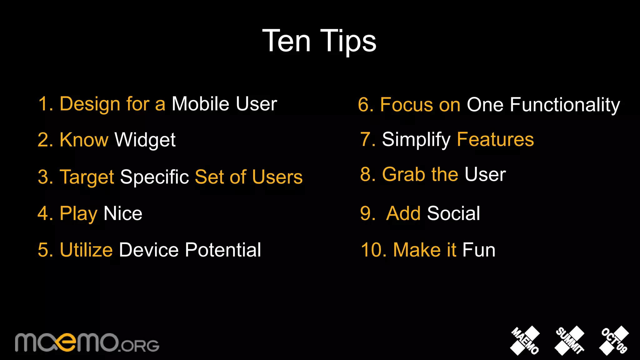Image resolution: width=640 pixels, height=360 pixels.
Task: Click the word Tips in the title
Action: pos(348,41)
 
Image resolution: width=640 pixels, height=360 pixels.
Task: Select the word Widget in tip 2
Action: pos(145,140)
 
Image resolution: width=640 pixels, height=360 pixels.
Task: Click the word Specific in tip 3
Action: pos(154,177)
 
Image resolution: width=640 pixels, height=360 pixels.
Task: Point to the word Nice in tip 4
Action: pos(123,214)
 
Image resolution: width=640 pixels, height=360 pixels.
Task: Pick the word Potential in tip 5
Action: pos(223,250)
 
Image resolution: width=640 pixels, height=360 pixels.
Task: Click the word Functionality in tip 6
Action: pos(565,105)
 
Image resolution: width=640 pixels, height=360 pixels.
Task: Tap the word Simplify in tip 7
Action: pos(416,140)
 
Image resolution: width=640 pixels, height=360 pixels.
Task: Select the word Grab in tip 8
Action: pos(404,174)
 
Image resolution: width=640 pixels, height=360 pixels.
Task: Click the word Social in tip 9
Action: pos(453,214)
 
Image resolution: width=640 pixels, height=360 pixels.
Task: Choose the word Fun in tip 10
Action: pos(479,250)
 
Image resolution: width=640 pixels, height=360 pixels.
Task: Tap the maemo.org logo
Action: pos(87,343)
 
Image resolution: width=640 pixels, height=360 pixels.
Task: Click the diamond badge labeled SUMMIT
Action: pos(569,341)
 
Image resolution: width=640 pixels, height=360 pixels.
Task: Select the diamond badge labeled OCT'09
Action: pos(614,341)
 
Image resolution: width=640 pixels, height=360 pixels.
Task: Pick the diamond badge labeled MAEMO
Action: pos(525,341)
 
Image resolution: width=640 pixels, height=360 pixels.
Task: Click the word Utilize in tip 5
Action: pos(86,250)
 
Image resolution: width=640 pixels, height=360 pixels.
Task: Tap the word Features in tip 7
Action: pos(495,139)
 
